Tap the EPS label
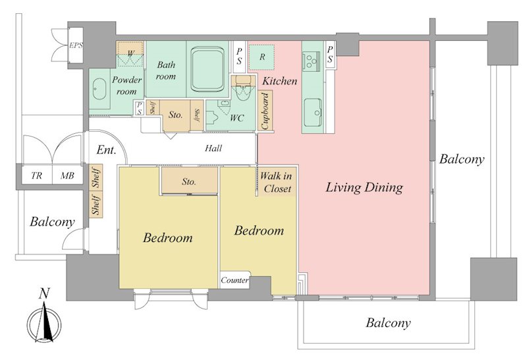tap(76, 45)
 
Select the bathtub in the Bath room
tap(207, 70)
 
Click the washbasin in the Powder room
tap(99, 89)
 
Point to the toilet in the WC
tap(242, 89)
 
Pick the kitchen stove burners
tap(311, 61)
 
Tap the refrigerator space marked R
tap(262, 57)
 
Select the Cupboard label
tap(265, 111)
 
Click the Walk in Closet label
tap(276, 182)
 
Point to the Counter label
tap(235, 280)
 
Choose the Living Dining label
tap(364, 187)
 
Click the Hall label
tap(213, 148)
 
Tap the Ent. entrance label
tap(106, 150)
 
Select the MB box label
tap(67, 175)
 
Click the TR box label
tap(37, 175)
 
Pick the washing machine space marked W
tap(130, 53)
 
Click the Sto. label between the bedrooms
tap(189, 182)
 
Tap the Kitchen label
tap(279, 80)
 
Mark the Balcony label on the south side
tap(388, 323)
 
